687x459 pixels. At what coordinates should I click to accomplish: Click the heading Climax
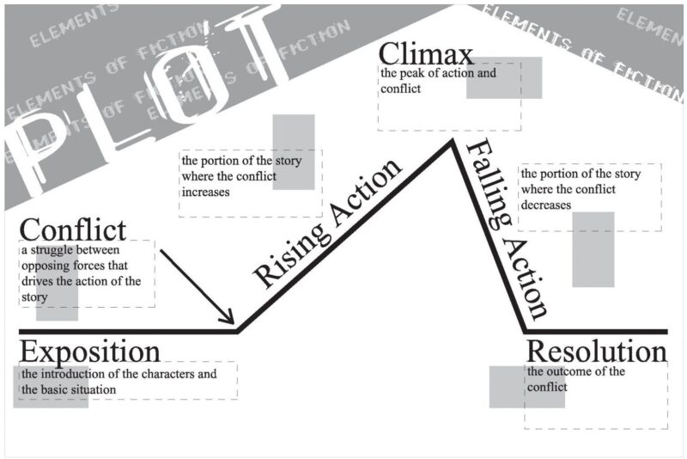426,55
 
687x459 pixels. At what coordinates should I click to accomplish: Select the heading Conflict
72,229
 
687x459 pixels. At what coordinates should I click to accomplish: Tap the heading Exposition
89,352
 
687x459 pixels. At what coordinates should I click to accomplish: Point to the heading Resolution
596,352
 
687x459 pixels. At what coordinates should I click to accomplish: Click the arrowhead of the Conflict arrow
230,321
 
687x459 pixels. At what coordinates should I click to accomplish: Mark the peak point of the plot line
449,142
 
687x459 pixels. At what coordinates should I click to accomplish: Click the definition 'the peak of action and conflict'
438,80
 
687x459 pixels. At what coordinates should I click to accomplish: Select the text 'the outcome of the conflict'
575,379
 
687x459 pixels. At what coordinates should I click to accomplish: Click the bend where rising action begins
239,330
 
